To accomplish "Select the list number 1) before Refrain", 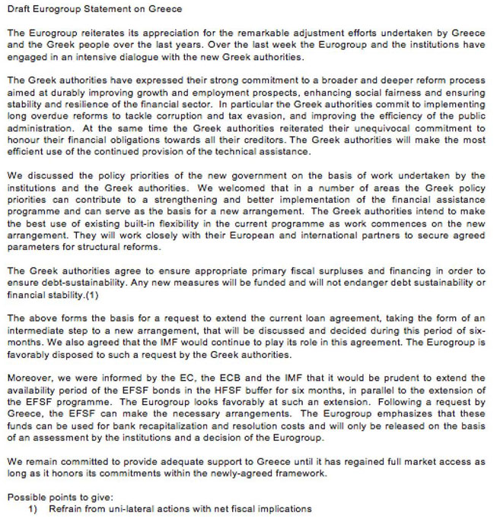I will (33, 508).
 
